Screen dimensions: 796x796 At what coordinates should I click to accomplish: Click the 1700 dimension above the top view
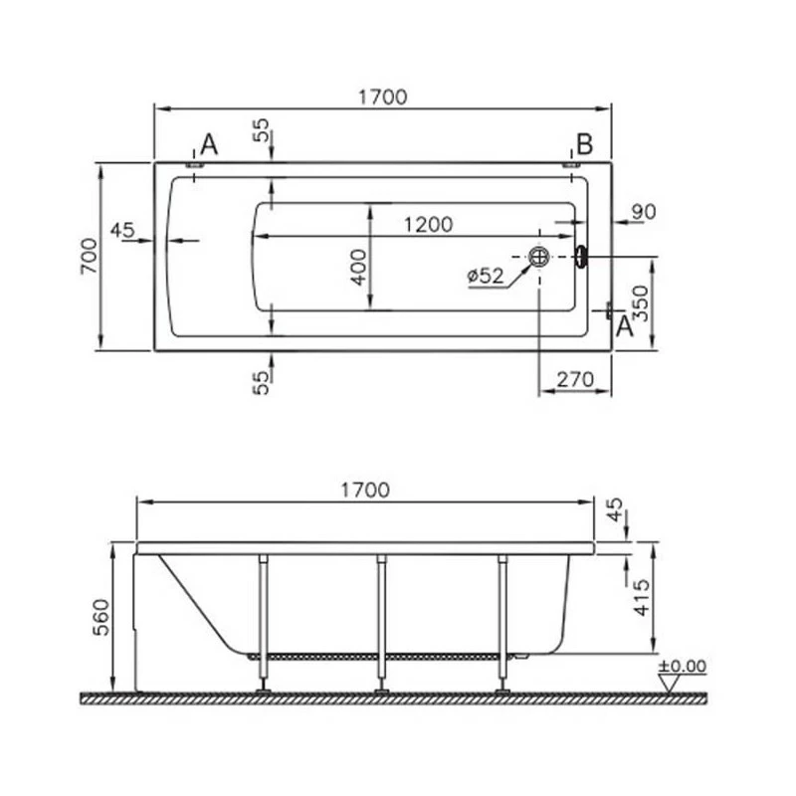point(383,97)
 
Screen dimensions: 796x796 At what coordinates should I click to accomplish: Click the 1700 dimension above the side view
point(365,491)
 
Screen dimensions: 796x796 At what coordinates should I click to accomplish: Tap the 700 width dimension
point(90,257)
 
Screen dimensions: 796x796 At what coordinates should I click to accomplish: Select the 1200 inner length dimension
point(428,225)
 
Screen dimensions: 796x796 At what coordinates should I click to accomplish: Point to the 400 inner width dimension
point(359,268)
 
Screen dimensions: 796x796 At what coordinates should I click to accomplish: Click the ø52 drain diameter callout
point(486,276)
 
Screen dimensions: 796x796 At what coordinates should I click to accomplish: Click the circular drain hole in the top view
point(538,257)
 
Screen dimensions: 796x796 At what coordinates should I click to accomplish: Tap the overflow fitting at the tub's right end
point(581,257)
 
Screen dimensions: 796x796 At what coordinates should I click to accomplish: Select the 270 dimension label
point(575,379)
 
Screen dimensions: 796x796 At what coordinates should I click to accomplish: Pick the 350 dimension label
point(642,303)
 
